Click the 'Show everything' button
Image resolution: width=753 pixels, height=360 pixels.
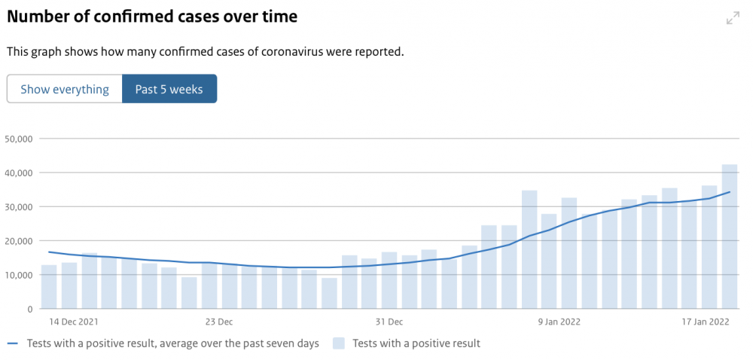click(65, 89)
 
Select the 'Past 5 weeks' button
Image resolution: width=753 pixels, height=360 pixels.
click(169, 89)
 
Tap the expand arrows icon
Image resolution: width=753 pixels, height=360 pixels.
click(733, 18)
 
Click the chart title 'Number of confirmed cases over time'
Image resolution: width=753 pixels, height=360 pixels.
click(152, 17)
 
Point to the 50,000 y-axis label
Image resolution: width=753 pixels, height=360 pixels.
click(18, 139)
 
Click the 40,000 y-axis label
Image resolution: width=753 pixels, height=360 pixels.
click(18, 172)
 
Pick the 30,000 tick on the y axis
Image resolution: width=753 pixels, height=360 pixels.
click(18, 207)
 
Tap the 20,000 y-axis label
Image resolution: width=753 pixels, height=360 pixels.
click(18, 241)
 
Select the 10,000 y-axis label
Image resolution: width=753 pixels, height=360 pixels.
click(18, 275)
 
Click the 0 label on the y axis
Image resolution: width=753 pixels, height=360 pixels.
click(29, 309)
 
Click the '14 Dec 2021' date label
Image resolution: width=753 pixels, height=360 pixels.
click(71, 322)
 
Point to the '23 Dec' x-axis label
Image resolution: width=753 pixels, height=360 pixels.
click(219, 322)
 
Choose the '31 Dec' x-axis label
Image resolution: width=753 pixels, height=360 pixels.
click(389, 322)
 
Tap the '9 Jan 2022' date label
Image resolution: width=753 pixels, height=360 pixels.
click(559, 322)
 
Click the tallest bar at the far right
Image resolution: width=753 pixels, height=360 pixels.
click(730, 236)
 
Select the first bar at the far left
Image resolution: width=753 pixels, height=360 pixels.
click(49, 286)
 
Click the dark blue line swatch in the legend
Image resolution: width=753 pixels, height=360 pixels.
click(13, 343)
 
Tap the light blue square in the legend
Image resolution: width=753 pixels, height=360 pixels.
click(338, 343)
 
